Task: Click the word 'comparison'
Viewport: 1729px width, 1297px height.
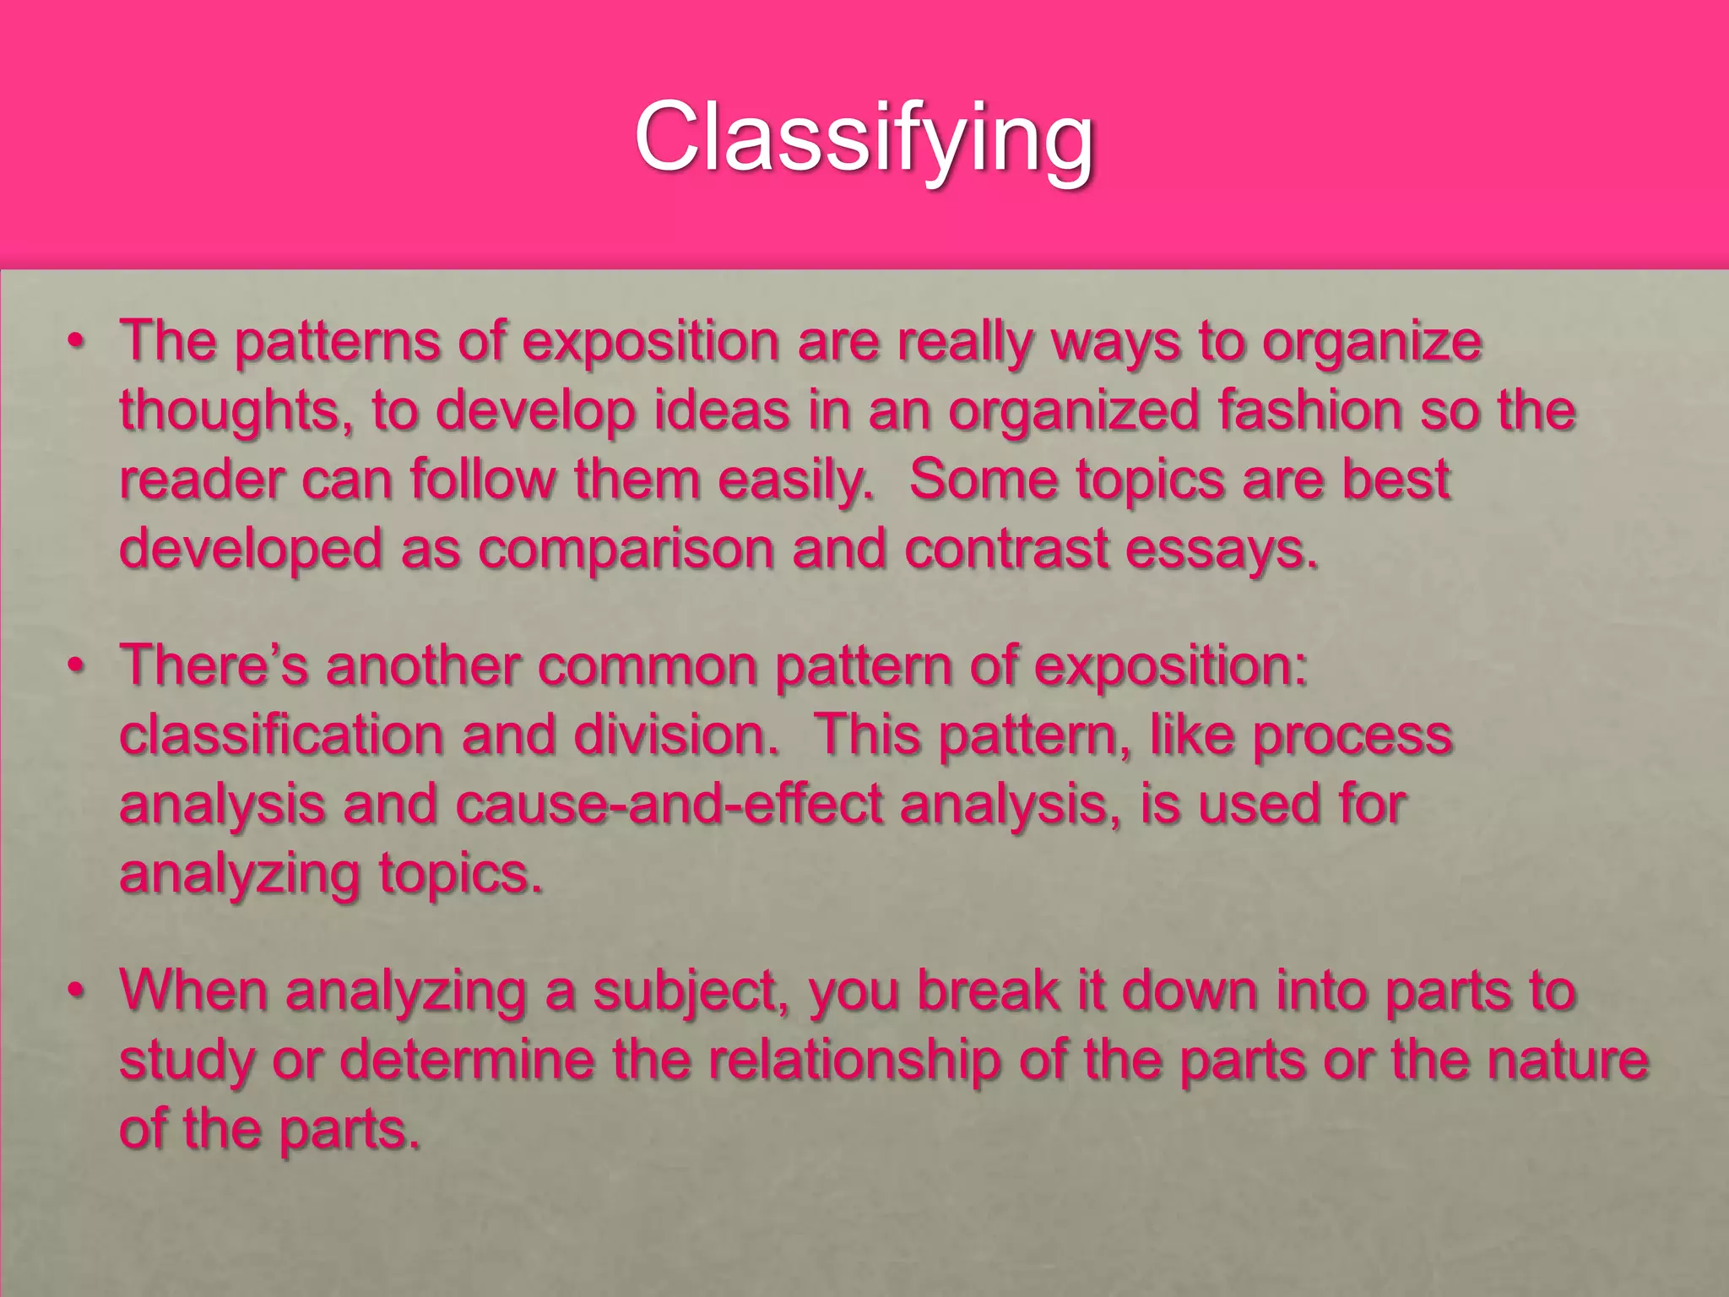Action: pos(626,550)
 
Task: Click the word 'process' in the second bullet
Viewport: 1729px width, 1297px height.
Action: pos(1352,735)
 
